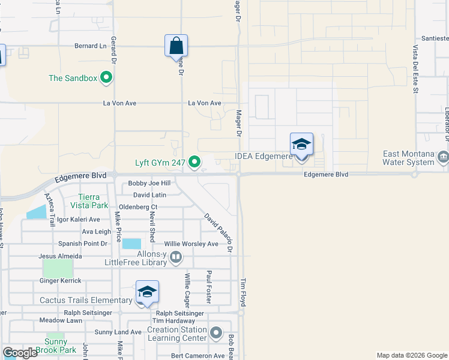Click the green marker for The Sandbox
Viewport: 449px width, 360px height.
(107, 77)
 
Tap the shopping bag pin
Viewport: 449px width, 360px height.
(176, 45)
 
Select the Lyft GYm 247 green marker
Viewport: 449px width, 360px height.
(194, 162)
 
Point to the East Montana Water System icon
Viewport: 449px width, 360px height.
(443, 157)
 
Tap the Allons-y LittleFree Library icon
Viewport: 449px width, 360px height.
(176, 258)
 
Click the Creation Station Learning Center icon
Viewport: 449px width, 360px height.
(217, 332)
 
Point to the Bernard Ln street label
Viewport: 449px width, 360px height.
(90, 46)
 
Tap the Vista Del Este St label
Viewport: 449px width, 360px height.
(415, 70)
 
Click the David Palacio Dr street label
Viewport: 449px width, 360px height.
(218, 233)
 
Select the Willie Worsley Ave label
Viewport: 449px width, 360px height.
(191, 244)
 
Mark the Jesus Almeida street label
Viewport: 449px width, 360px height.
(60, 256)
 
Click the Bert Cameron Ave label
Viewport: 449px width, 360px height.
(197, 356)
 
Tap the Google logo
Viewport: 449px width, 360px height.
(20, 353)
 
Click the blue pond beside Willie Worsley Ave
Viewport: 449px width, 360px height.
(131, 244)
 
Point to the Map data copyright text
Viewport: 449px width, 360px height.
(411, 355)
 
